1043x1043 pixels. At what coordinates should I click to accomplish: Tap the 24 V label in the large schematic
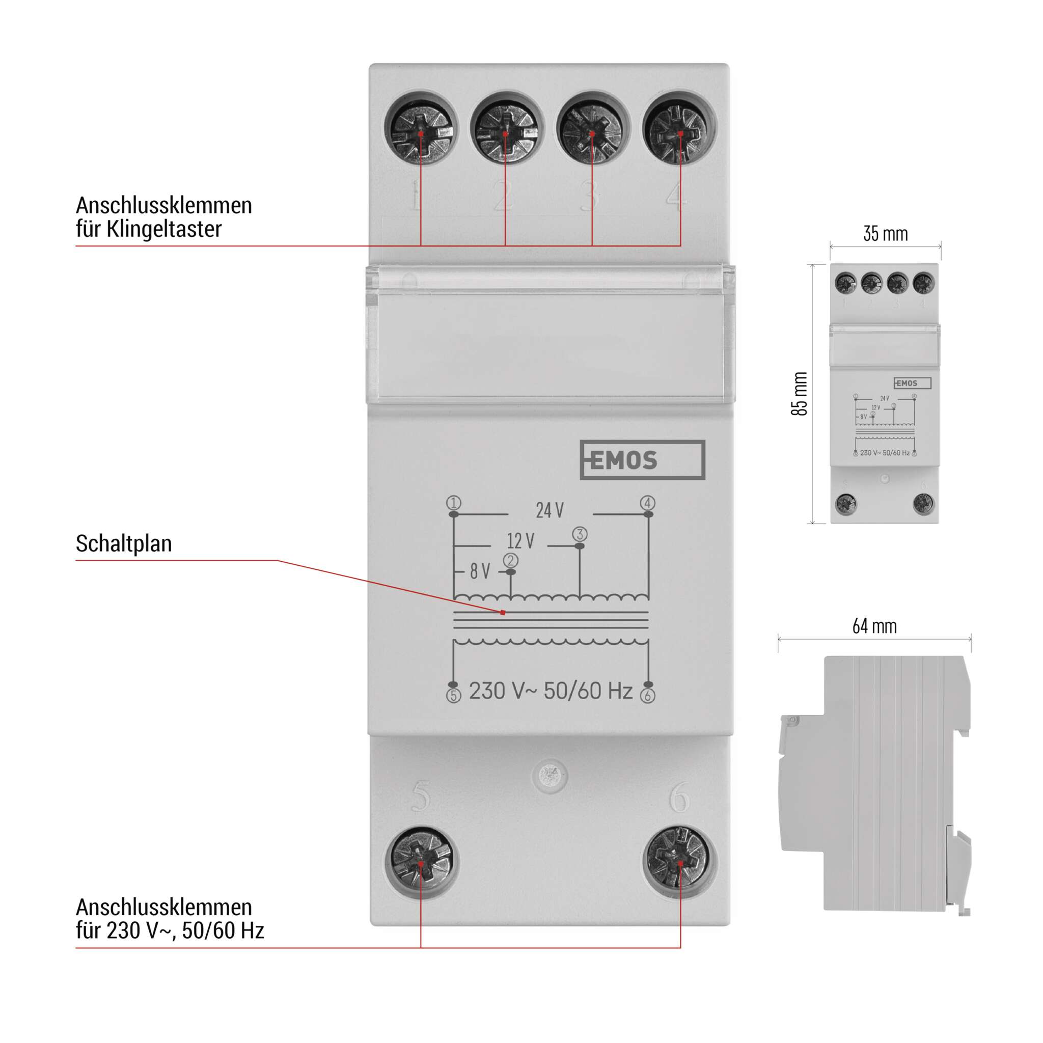[x=550, y=510]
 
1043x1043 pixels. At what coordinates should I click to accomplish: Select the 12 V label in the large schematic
[x=520, y=541]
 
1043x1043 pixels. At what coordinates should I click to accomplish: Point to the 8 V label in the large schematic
[x=480, y=571]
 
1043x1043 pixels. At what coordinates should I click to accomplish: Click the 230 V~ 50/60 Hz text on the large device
[x=550, y=691]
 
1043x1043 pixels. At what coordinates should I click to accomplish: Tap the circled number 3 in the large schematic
[x=580, y=534]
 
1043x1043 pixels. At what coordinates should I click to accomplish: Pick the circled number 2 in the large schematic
[x=511, y=560]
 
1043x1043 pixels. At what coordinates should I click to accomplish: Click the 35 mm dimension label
[x=885, y=234]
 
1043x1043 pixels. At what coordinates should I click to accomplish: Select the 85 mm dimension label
[x=799, y=394]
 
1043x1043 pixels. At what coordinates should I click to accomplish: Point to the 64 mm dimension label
[x=874, y=626]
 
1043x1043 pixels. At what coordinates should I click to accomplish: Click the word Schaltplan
[x=124, y=543]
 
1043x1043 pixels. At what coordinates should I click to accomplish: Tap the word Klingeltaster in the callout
[x=163, y=229]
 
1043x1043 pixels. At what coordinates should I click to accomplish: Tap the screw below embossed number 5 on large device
[x=421, y=862]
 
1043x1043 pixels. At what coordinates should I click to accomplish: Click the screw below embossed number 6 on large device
[x=679, y=862]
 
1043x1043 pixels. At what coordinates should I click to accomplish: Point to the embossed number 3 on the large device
[x=590, y=196]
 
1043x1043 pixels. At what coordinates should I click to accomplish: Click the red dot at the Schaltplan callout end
[x=503, y=613]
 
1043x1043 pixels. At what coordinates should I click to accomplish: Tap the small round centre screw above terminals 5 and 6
[x=550, y=776]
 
